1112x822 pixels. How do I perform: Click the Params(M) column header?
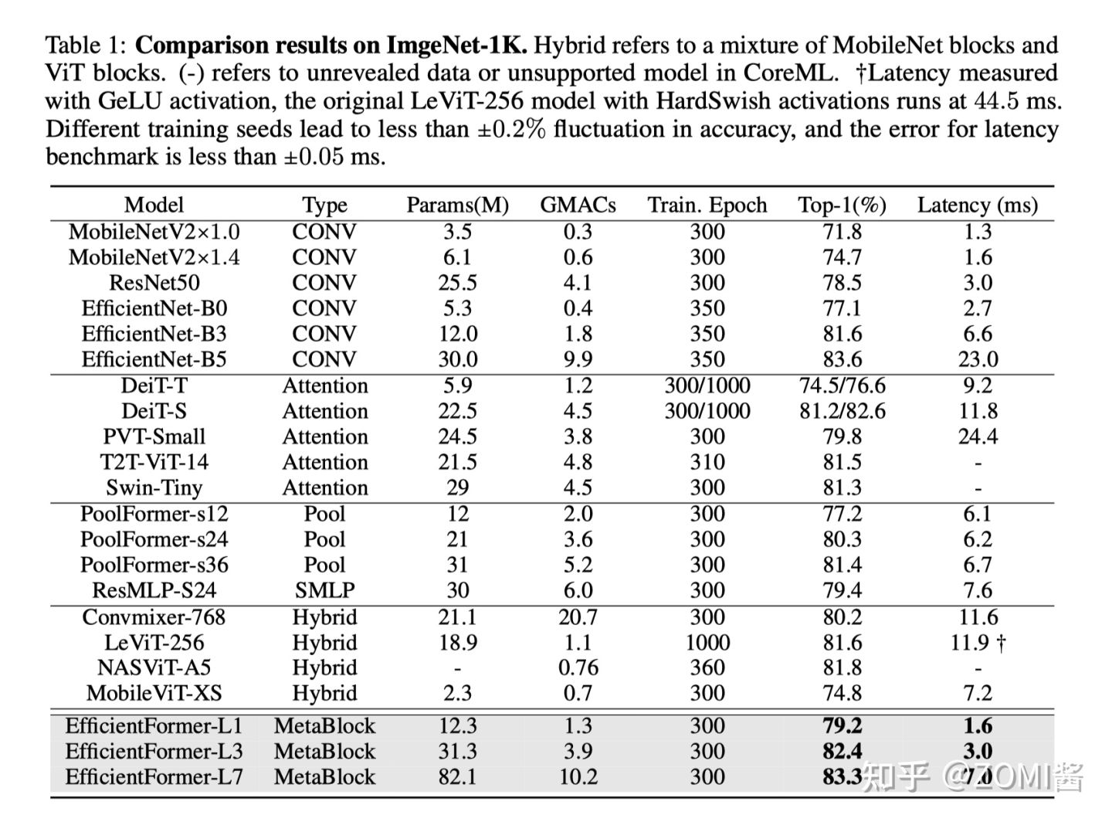[457, 205]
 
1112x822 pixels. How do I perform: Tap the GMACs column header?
[578, 205]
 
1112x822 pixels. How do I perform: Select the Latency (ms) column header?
[977, 205]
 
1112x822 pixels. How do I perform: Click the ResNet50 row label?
[154, 283]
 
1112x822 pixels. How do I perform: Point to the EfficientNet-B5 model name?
[154, 359]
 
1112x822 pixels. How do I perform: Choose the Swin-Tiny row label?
[154, 487]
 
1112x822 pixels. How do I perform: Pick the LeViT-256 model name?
[154, 643]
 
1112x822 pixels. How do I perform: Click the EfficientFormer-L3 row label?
[154, 751]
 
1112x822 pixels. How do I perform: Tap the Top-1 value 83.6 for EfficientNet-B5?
[842, 359]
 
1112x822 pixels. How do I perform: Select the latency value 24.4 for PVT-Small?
[978, 436]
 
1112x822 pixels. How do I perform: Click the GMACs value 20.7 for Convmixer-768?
[578, 617]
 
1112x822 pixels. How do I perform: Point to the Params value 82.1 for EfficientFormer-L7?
[457, 776]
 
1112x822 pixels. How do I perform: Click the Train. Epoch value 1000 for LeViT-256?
[707, 643]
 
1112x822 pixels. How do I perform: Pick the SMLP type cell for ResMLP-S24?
[324, 590]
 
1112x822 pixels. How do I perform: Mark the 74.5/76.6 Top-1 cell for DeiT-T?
[842, 386]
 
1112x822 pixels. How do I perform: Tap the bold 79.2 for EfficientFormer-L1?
[842, 725]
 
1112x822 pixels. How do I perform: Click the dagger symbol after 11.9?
[1002, 643]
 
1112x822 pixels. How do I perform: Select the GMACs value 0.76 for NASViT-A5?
[578, 667]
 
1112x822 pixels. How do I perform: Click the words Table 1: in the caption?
[86, 46]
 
